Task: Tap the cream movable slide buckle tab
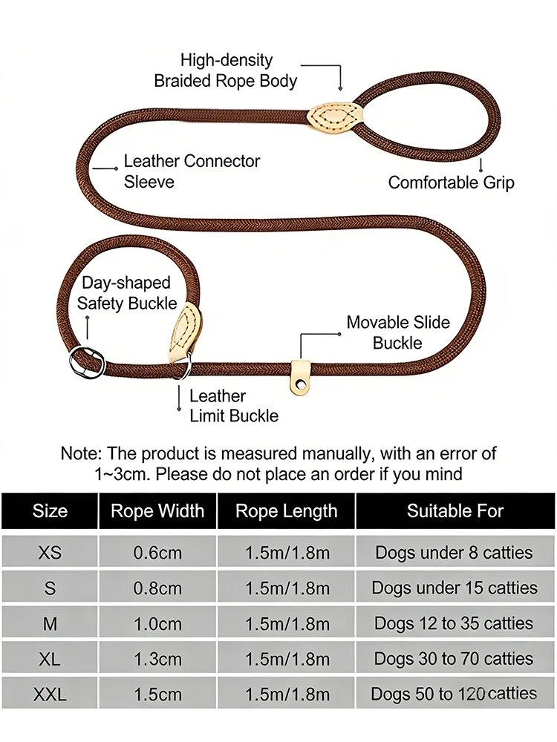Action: pos(300,377)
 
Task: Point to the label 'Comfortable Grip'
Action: pos(451,183)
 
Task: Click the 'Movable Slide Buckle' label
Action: pos(398,332)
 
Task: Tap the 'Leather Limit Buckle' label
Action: pos(234,406)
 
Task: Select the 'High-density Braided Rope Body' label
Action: pos(226,70)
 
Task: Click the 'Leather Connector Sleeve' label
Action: pos(192,171)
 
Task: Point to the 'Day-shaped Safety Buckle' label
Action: pos(127,292)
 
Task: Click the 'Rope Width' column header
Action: pos(157,511)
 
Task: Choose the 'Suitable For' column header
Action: pos(455,510)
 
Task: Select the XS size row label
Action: pos(50,552)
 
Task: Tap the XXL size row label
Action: pos(50,695)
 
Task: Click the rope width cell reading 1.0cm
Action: pos(157,624)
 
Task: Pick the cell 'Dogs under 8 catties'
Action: pos(454,552)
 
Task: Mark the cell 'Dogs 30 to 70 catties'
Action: pos(454,658)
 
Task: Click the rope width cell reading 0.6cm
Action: pos(157,552)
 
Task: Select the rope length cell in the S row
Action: pos(287,588)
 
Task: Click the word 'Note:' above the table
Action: pos(81,453)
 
